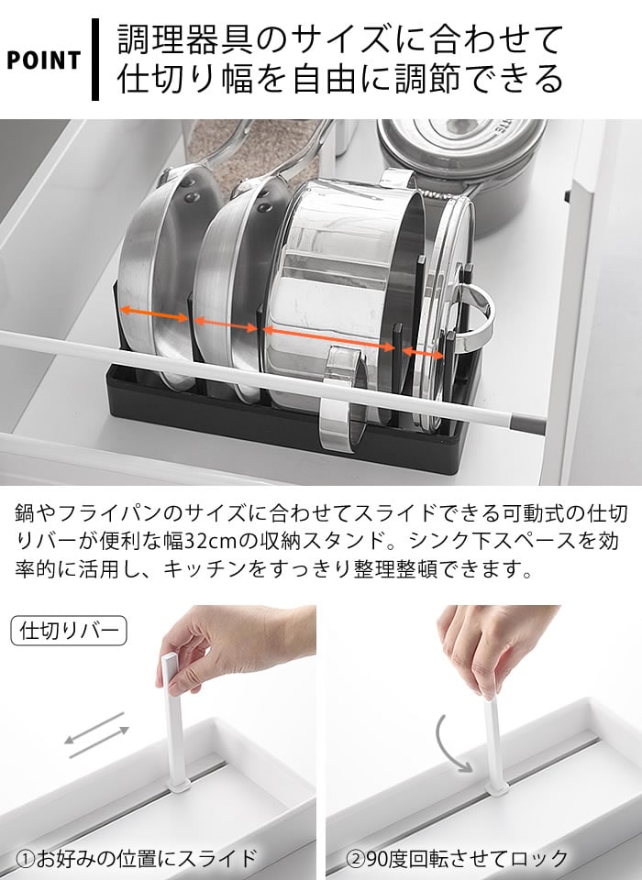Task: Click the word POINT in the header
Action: tap(43, 60)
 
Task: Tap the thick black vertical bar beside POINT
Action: tap(94, 59)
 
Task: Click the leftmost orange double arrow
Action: tap(154, 313)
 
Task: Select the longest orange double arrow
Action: tap(328, 338)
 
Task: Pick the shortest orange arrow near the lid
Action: tap(423, 353)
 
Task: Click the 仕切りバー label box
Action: tap(69, 631)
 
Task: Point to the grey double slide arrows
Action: tap(96, 735)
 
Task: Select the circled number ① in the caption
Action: tap(26, 859)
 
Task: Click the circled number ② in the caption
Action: tap(355, 859)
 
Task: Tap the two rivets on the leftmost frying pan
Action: tap(190, 190)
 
